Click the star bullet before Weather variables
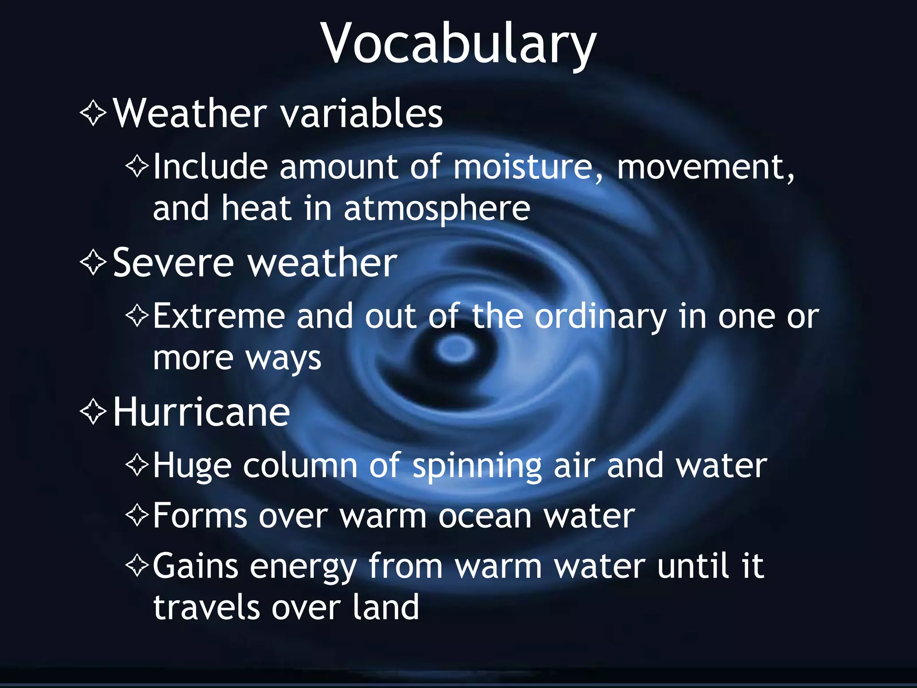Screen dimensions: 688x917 click(93, 113)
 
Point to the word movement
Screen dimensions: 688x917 click(706, 167)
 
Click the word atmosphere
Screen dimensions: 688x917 click(437, 209)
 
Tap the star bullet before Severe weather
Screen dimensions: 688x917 click(93, 262)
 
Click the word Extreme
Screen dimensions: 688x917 click(219, 316)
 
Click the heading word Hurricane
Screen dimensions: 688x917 click(201, 412)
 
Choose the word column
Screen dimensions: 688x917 click(300, 466)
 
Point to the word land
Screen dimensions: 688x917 click(386, 607)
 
